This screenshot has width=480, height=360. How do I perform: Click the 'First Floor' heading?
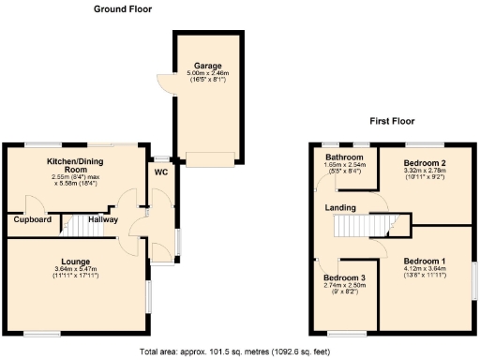click(x=393, y=122)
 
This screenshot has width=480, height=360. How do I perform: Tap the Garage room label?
click(x=196, y=66)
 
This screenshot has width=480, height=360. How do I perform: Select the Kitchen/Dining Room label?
click(x=82, y=166)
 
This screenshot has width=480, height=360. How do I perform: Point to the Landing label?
click(x=339, y=206)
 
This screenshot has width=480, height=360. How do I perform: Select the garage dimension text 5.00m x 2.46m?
click(x=196, y=73)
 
